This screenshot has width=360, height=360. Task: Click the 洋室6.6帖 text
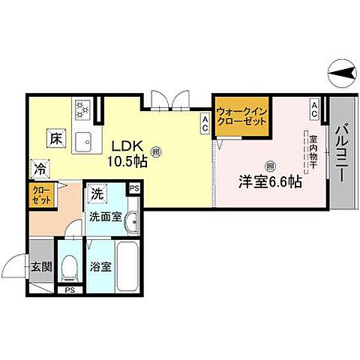click(270, 181)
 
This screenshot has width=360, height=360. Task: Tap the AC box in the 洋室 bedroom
click(314, 109)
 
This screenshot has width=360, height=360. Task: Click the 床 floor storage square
click(55, 139)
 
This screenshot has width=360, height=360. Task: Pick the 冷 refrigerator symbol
click(38, 169)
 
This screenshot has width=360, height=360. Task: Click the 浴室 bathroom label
click(101, 265)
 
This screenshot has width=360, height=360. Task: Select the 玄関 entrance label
click(40, 265)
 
